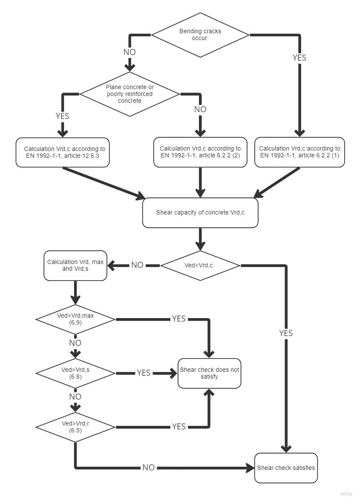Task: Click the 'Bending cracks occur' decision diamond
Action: point(200,35)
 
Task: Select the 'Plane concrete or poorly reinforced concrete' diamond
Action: point(130,93)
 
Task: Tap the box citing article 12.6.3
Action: point(63,152)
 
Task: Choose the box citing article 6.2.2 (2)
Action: point(200,152)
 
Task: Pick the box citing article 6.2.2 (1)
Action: point(300,152)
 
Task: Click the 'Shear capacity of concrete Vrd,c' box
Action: point(200,212)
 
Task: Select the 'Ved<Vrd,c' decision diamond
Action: point(200,265)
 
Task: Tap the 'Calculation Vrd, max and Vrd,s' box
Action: point(75,265)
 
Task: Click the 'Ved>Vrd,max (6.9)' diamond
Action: point(75,319)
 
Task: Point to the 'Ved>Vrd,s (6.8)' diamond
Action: point(75,373)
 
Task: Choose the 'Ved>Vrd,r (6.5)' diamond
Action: point(75,427)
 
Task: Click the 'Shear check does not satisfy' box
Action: point(210,373)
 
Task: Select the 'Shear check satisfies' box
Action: point(286,468)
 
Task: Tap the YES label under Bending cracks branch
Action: point(300,58)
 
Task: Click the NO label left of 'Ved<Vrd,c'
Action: point(137,265)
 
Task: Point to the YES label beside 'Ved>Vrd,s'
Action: point(144,373)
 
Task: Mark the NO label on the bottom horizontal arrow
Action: point(148,468)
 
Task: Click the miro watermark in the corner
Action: point(346,494)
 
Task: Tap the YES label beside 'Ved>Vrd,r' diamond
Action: point(179,427)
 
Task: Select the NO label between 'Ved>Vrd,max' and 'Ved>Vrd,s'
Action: point(75,343)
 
